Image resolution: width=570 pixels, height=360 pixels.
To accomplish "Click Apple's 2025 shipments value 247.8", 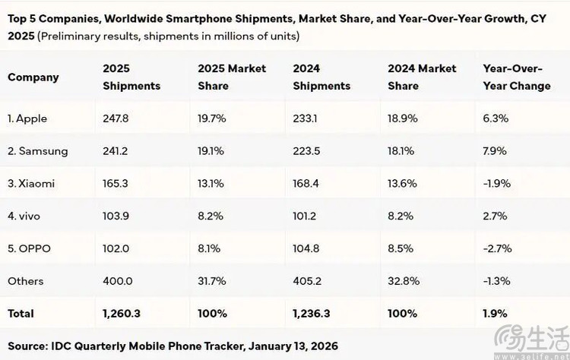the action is point(116,118).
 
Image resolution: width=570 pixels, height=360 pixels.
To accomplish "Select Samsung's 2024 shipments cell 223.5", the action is point(306,150).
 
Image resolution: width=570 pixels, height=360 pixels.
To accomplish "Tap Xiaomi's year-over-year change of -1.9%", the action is point(497,184).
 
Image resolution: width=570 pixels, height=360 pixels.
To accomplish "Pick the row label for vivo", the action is point(24,216).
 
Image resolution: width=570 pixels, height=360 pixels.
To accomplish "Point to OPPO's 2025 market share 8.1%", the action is point(209,248).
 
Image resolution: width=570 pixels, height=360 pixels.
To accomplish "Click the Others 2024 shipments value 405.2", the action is point(307,281).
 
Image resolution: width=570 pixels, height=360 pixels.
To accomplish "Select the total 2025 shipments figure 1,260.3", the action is point(122,314).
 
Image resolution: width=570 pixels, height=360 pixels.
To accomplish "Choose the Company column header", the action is point(33,77).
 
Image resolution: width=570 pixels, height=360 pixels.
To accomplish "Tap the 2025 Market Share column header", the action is point(232,77).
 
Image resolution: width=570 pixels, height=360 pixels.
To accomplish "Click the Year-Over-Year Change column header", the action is point(517,77).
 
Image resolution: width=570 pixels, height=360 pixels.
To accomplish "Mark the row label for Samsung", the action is point(38,151).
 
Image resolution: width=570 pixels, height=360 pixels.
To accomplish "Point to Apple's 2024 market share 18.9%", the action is point(402,118).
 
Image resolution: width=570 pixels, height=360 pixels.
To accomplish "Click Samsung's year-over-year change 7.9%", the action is point(495,150).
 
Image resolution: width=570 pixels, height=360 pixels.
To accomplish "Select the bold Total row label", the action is point(21,314).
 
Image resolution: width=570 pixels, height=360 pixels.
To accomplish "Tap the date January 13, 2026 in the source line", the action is point(293,346).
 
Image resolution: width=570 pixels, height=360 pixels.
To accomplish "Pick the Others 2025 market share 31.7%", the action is point(212,281).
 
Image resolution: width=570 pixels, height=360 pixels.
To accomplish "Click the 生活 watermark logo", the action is point(532,339).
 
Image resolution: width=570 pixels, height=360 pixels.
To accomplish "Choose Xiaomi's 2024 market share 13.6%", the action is point(402,184).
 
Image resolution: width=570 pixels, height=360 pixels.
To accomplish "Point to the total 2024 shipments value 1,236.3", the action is point(312,314).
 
